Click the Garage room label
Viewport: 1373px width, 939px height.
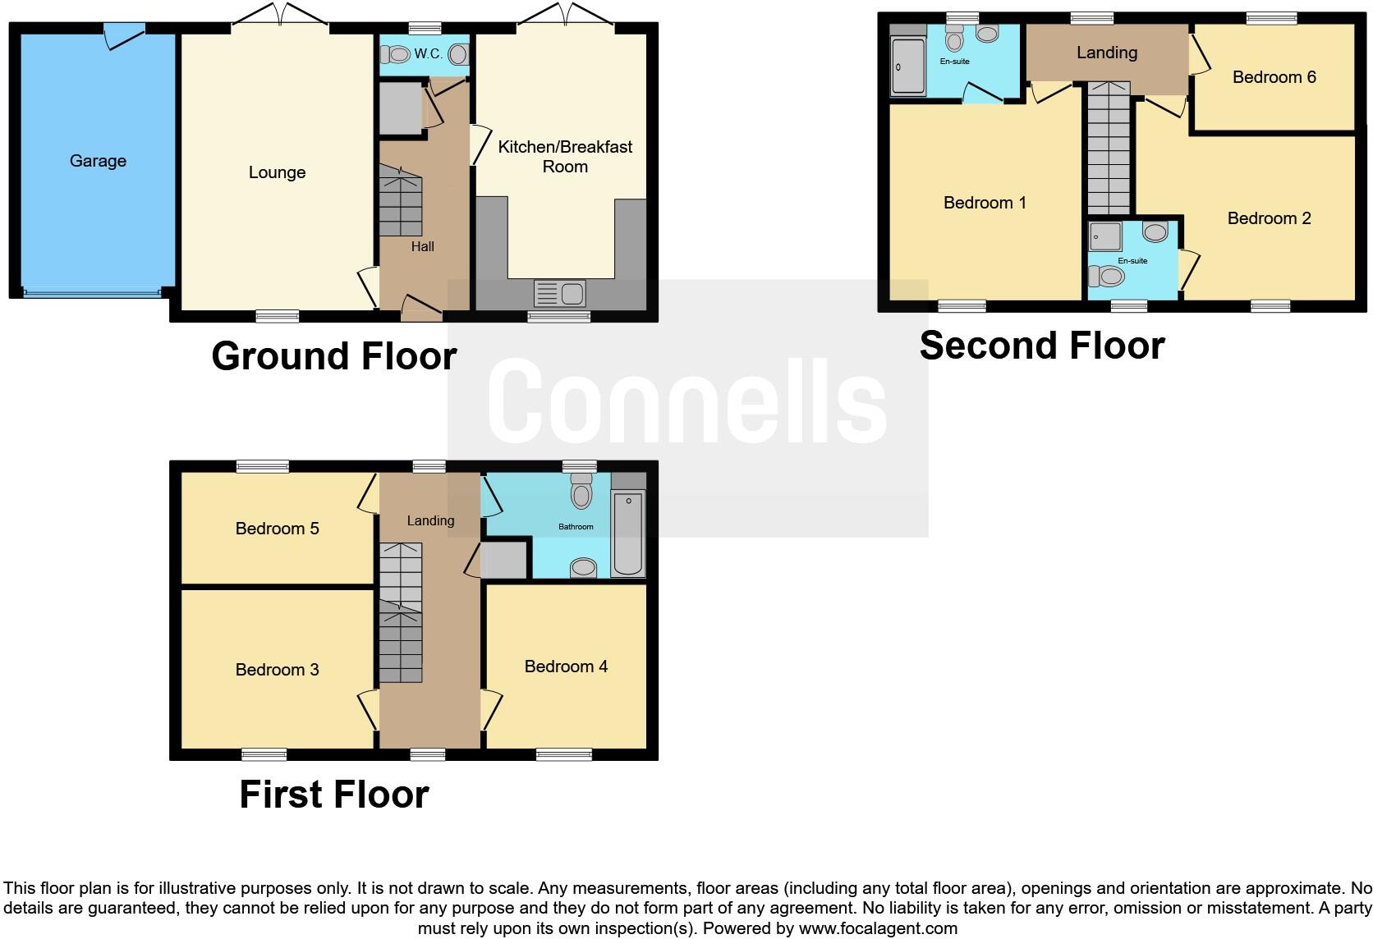[98, 161]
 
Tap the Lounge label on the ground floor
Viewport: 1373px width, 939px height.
[277, 172]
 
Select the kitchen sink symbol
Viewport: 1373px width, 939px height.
[558, 293]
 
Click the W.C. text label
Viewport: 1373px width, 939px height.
[428, 54]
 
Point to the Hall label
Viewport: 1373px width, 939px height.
[422, 246]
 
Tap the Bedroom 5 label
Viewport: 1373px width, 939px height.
[277, 529]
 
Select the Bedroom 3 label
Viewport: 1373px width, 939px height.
[277, 670]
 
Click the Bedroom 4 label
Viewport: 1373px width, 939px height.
[566, 666]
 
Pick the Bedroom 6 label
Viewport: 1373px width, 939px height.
[1274, 77]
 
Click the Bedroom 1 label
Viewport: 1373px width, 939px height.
[985, 203]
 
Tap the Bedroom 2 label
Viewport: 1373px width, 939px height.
[1269, 218]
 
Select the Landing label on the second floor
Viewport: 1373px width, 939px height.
[1106, 53]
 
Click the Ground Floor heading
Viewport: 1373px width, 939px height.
[333, 356]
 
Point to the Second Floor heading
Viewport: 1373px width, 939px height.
[1041, 346]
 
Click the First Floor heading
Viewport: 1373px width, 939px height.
[333, 795]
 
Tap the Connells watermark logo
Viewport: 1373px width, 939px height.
[687, 402]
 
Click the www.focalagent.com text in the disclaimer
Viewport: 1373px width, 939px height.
[877, 928]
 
